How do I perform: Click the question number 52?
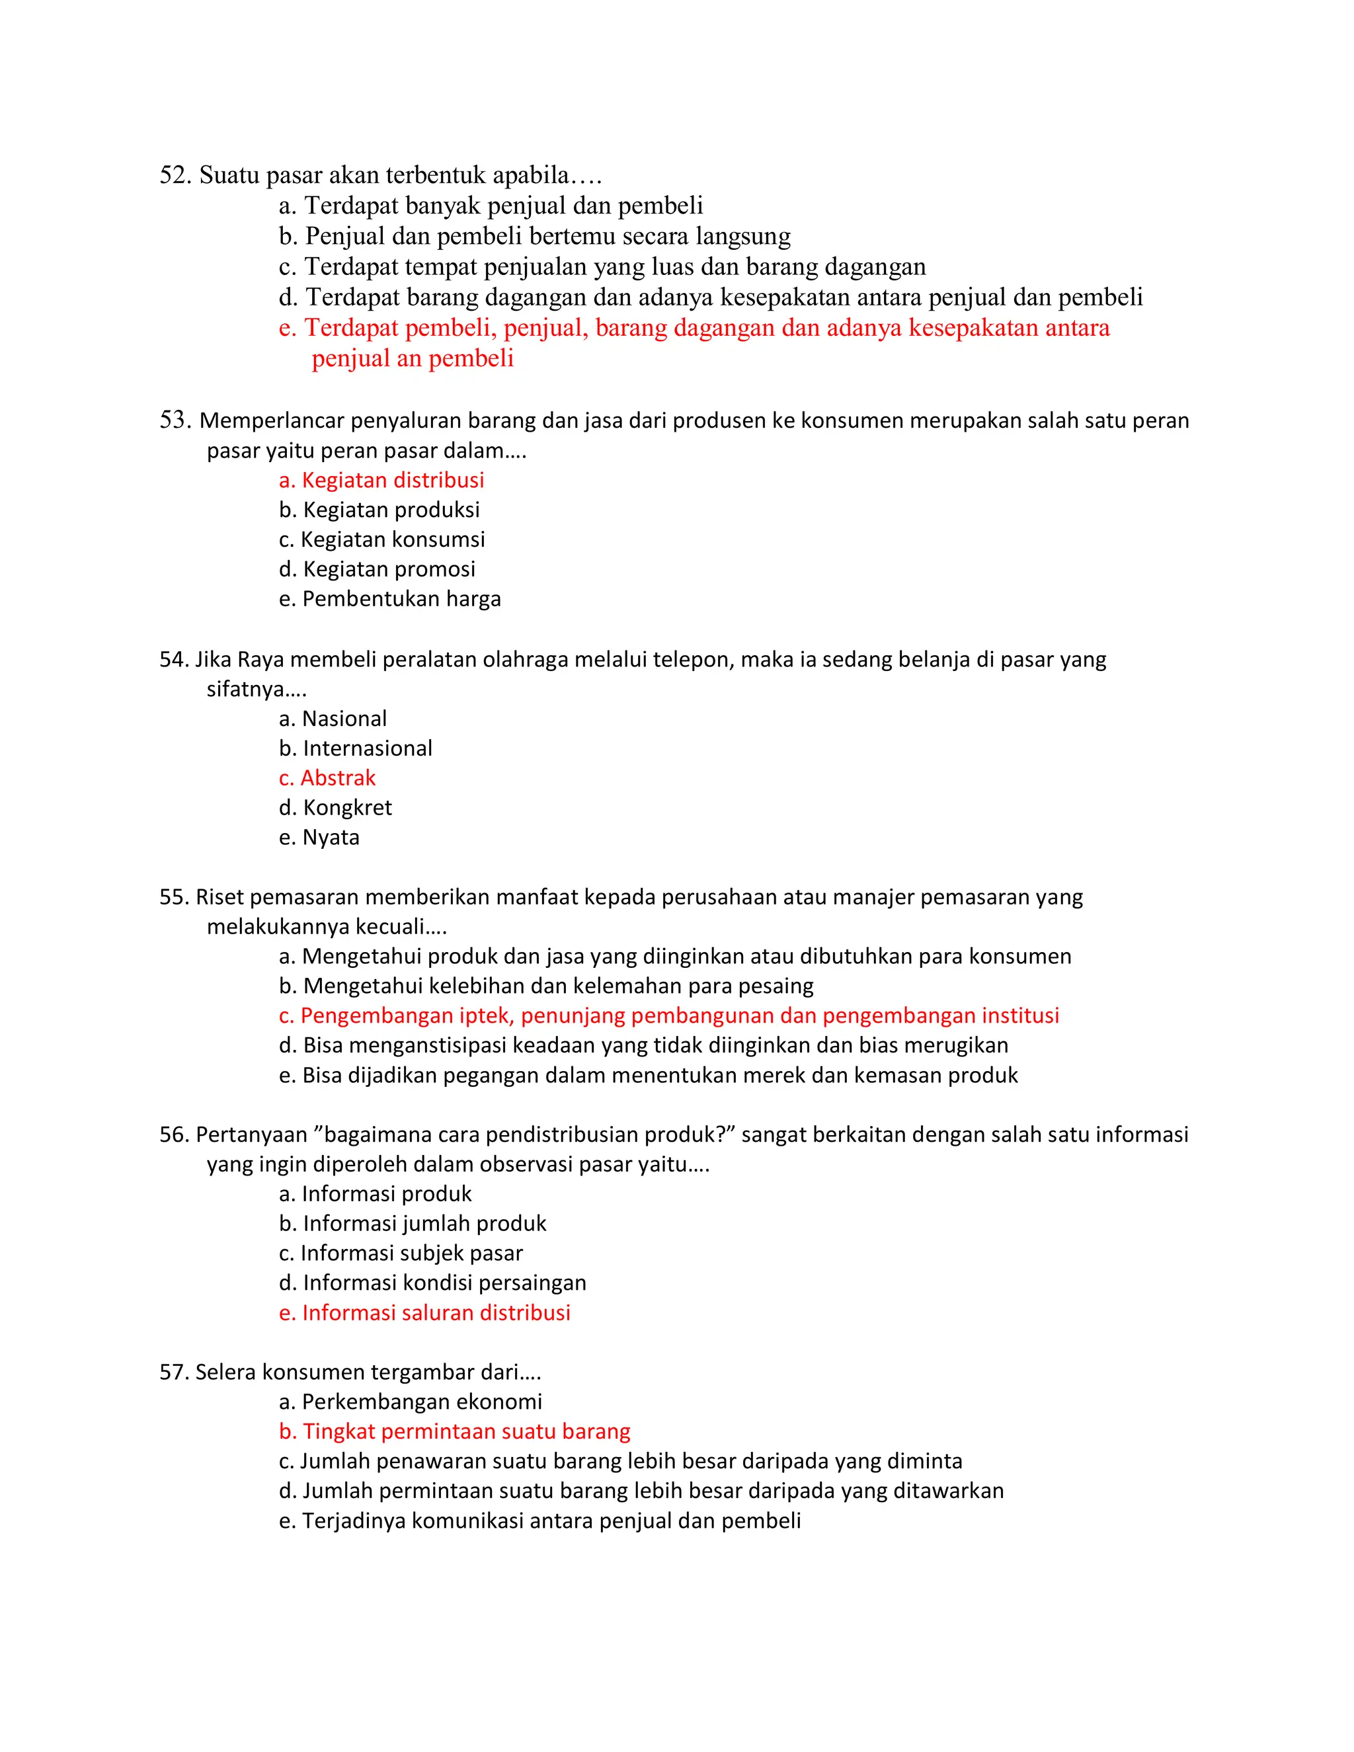tap(174, 175)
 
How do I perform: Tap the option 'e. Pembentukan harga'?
tap(390, 598)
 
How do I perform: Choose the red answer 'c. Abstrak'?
tap(327, 777)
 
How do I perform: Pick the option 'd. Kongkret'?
tap(335, 807)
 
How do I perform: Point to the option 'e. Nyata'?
tap(319, 837)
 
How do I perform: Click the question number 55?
tap(173, 897)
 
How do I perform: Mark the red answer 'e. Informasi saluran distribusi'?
tap(424, 1312)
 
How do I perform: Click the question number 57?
tap(173, 1372)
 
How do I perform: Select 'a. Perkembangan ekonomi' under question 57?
tap(411, 1402)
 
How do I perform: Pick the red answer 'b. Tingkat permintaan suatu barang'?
tap(455, 1431)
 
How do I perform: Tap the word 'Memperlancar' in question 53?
tap(271, 420)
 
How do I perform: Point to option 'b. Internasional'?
tap(355, 748)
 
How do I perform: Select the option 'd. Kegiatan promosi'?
tap(377, 569)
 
